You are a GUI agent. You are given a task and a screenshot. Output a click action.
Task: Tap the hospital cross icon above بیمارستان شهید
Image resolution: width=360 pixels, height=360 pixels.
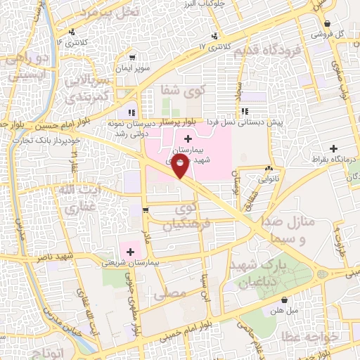(x=188, y=140)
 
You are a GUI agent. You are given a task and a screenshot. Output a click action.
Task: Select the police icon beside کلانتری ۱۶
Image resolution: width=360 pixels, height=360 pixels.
(x=73, y=32)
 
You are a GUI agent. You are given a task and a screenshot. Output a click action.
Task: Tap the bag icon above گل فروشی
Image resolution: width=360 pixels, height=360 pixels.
(x=327, y=24)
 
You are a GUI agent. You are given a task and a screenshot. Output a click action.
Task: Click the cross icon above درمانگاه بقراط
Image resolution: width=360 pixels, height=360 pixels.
(x=333, y=148)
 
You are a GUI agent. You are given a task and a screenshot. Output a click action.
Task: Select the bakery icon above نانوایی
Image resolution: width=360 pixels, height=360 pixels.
(x=268, y=169)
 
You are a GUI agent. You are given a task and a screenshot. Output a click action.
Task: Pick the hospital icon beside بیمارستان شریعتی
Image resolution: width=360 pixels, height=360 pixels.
(x=130, y=251)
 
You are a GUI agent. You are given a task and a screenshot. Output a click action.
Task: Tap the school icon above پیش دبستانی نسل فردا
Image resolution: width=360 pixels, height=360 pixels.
(x=244, y=111)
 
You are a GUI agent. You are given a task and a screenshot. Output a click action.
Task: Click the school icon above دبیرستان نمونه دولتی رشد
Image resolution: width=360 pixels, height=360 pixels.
(x=131, y=112)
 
